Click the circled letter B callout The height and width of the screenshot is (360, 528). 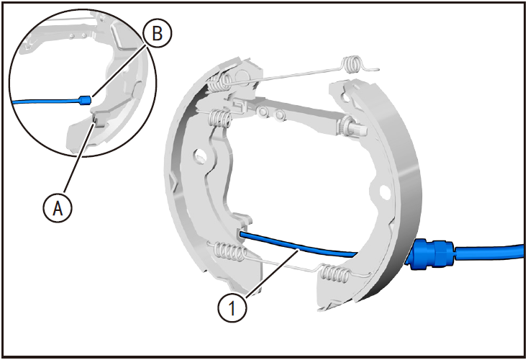click(158, 33)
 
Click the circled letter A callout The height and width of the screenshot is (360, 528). click(58, 208)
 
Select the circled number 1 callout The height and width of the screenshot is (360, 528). click(232, 307)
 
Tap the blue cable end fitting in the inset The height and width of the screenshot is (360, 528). click(85, 100)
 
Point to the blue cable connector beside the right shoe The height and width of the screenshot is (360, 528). click(430, 253)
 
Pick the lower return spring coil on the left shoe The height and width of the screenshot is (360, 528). click(228, 252)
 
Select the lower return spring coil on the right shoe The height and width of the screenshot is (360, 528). click(334, 274)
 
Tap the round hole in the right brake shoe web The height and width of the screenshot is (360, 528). click(385, 192)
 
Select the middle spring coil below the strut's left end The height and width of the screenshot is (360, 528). click(220, 119)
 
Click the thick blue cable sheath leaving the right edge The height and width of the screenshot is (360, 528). click(489, 251)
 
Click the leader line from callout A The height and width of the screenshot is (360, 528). click(78, 159)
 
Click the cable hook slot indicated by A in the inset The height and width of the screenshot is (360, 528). click(95, 119)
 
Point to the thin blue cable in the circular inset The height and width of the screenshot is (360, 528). click(46, 101)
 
